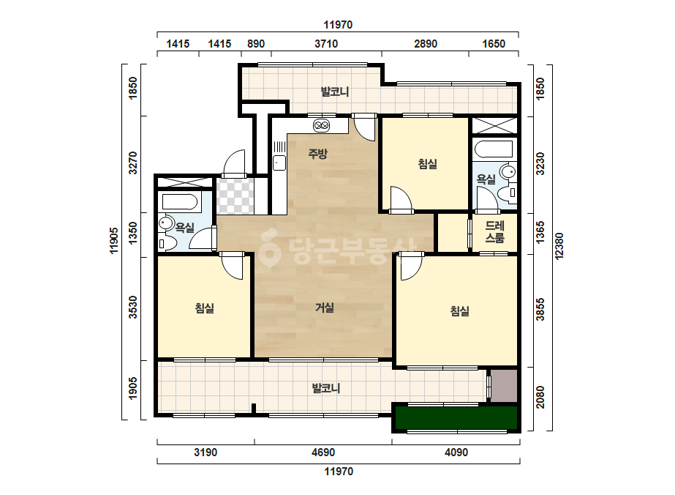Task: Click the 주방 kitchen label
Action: click(x=317, y=153)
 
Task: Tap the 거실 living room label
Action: click(x=325, y=308)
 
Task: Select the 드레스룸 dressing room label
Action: click(x=494, y=231)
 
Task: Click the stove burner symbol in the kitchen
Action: click(x=322, y=125)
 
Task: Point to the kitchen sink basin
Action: click(x=279, y=163)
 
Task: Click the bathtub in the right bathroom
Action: click(x=494, y=149)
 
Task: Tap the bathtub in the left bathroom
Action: click(x=179, y=201)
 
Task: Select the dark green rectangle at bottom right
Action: click(x=456, y=417)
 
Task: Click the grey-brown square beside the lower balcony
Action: click(x=504, y=385)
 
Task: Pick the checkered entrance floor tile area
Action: click(x=235, y=196)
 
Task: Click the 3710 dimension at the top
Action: click(x=326, y=43)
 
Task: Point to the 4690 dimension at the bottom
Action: click(x=323, y=453)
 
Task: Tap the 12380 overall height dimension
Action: click(x=559, y=246)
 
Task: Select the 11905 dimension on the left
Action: click(x=113, y=241)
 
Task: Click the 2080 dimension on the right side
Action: click(x=540, y=397)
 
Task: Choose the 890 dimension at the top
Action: click(x=256, y=43)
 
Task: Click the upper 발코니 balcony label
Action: click(x=335, y=92)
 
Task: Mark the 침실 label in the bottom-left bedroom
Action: click(x=205, y=308)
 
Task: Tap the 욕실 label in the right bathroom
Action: click(x=486, y=179)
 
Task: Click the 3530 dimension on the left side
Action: click(x=133, y=307)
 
